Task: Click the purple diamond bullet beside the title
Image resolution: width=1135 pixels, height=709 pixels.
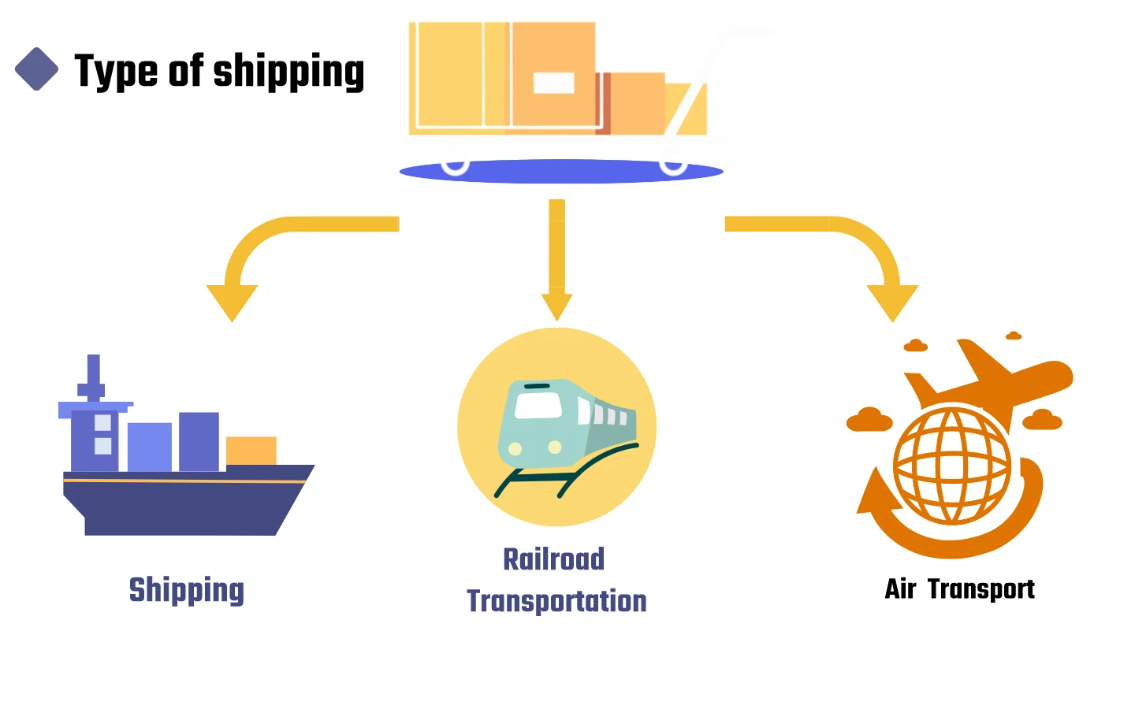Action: pos(36,69)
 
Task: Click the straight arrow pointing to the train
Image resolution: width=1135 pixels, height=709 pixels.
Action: pos(557,260)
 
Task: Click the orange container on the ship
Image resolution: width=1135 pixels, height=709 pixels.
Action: pos(251,451)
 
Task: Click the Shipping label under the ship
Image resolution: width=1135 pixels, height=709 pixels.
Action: pos(187,590)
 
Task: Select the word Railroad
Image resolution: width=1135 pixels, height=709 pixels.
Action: pos(554,559)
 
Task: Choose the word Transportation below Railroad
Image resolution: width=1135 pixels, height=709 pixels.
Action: pos(556,601)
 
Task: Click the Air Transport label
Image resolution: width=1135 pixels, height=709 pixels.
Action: pos(959,589)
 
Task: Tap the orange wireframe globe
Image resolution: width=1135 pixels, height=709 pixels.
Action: pos(952,466)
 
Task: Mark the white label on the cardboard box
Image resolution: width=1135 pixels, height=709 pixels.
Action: pos(553,83)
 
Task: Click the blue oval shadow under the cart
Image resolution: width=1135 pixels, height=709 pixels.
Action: pos(561,172)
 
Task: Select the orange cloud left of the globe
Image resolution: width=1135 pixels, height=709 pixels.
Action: pos(869,420)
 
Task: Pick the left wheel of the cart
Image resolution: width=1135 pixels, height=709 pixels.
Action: pos(455,165)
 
